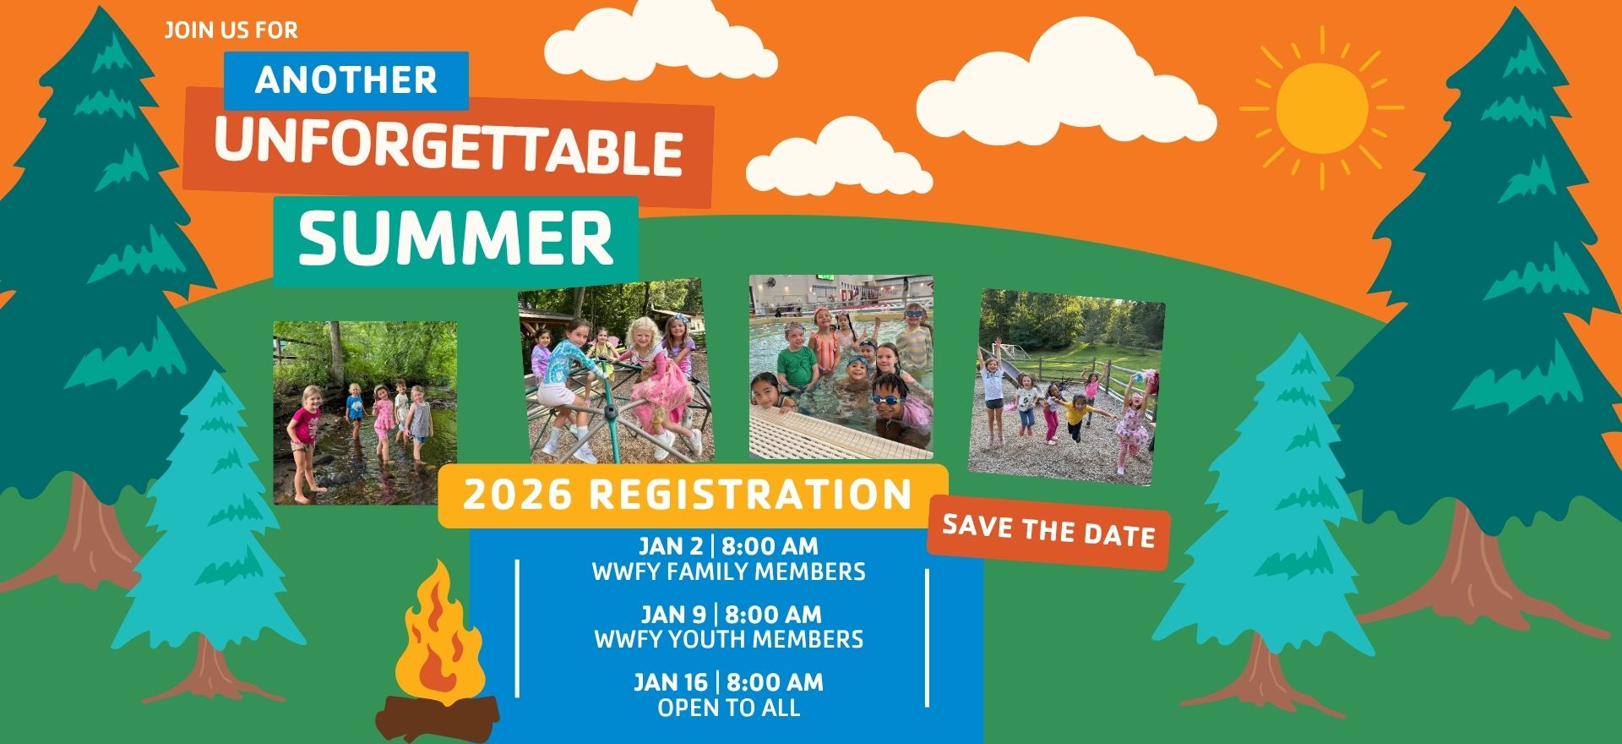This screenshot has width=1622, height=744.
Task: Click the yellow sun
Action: tap(1321, 107)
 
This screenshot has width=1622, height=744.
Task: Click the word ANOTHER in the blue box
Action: tap(346, 80)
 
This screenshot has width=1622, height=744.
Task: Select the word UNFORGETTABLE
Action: tap(449, 150)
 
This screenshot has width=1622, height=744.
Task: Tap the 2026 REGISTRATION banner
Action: tap(689, 495)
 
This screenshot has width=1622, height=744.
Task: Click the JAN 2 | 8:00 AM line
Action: tap(728, 546)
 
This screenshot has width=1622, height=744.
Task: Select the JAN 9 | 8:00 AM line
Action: tap(730, 614)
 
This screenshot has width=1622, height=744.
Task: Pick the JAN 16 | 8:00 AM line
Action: tap(728, 681)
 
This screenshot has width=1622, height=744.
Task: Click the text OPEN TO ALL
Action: tap(728, 708)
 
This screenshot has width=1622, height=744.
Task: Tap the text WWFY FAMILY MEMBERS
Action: tap(728, 572)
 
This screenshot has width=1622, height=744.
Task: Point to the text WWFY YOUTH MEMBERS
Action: tap(728, 639)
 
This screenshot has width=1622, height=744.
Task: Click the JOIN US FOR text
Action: tap(231, 30)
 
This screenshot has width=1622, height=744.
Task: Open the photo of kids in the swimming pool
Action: tap(841, 367)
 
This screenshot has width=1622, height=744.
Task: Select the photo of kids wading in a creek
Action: tap(365, 413)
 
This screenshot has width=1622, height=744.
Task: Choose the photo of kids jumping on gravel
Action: tap(1067, 387)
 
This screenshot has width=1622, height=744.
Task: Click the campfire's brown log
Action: tap(438, 715)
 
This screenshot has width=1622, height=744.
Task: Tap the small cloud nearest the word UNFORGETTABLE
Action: tap(839, 157)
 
